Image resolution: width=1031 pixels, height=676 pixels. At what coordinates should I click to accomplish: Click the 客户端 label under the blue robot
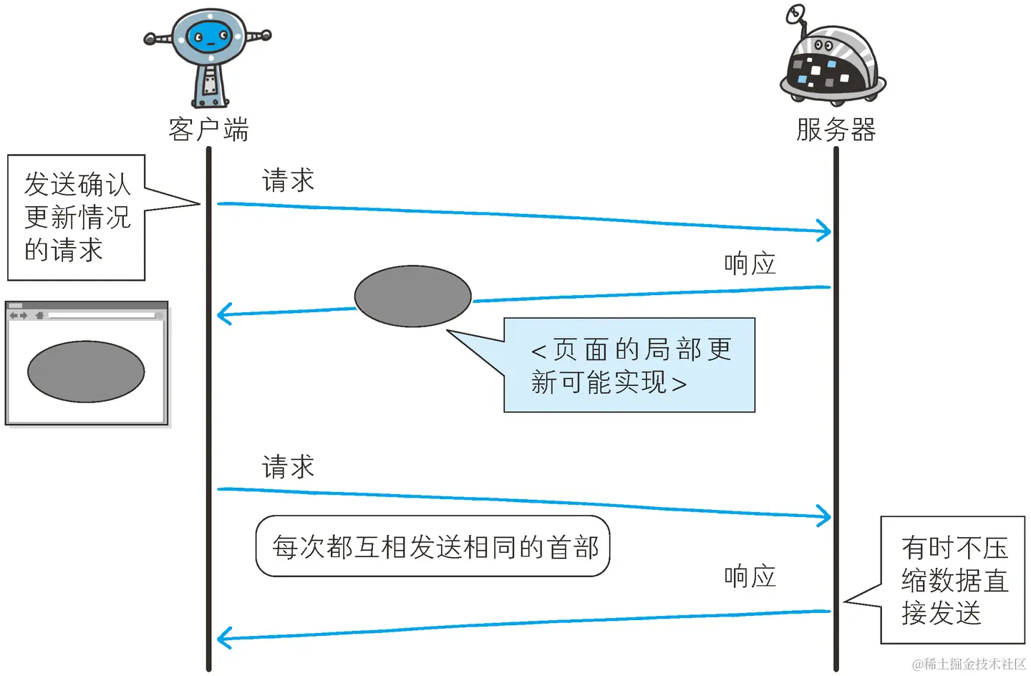[x=208, y=130]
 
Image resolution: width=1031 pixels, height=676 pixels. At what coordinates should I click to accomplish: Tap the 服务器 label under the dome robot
[x=836, y=130]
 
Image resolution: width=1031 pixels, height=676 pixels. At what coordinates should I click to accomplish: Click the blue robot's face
[x=210, y=37]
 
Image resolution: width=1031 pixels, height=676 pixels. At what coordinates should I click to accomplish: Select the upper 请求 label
[x=288, y=180]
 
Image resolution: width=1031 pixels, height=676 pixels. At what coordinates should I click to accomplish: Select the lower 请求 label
[x=288, y=467]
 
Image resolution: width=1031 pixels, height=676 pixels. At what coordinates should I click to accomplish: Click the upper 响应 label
[x=750, y=264]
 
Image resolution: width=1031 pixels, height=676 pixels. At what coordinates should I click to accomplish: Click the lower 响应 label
[x=750, y=576]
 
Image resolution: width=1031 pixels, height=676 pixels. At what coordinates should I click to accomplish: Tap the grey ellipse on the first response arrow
[x=412, y=296]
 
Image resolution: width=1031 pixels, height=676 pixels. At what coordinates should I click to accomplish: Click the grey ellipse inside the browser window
[x=86, y=372]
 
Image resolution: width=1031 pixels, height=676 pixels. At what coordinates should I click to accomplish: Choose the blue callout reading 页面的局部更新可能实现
[x=629, y=365]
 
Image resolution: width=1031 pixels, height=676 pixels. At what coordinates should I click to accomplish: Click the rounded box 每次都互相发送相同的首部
[x=433, y=546]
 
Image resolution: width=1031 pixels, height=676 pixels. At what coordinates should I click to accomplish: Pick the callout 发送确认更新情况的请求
[x=77, y=217]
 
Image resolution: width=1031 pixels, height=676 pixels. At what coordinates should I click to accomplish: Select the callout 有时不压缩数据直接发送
[x=953, y=580]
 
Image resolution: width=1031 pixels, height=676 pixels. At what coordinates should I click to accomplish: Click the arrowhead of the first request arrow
[x=826, y=231]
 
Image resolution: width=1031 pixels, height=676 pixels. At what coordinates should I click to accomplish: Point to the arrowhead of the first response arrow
[x=223, y=314]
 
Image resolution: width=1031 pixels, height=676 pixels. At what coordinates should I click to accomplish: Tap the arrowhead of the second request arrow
[x=826, y=516]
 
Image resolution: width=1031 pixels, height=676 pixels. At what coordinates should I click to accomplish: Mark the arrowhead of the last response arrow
[x=223, y=637]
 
